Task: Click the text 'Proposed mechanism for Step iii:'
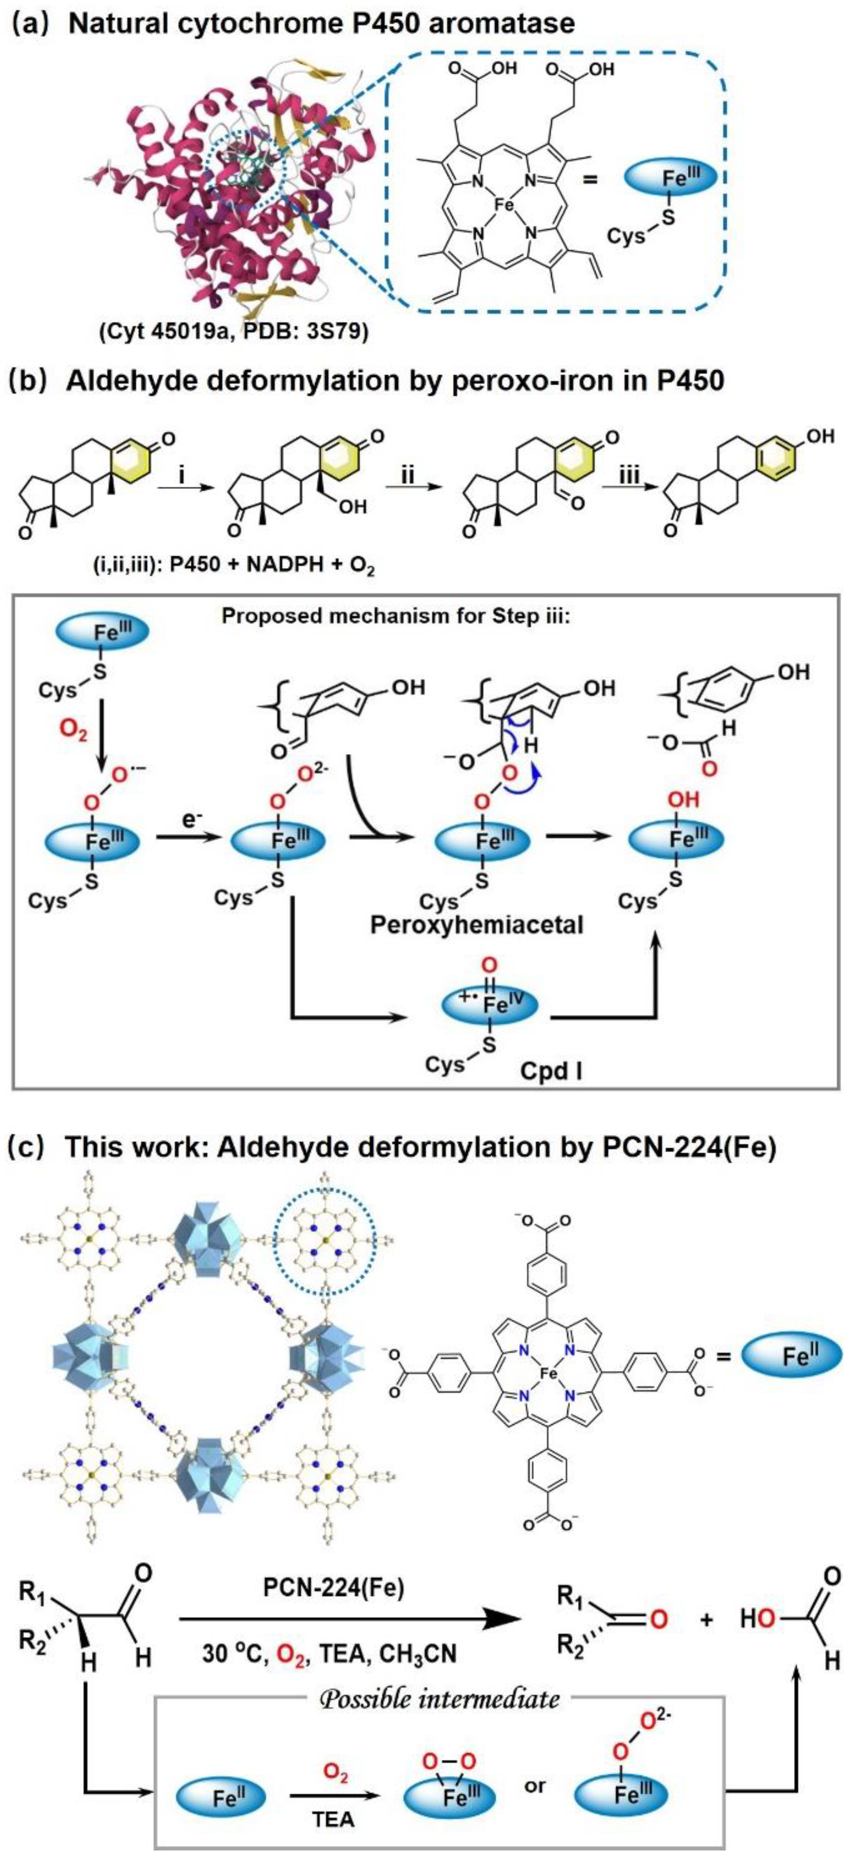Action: tap(396, 616)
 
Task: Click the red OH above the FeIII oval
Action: tap(683, 799)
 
